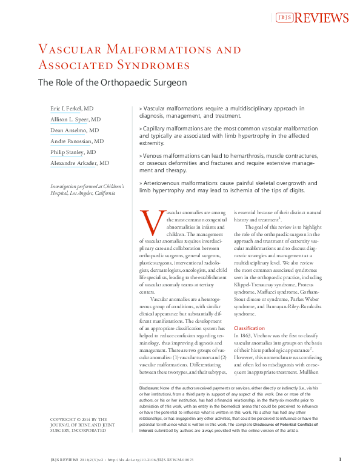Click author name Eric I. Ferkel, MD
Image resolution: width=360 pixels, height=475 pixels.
72,108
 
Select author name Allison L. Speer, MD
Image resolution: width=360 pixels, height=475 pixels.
75,120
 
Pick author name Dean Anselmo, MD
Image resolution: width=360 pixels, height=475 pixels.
74,130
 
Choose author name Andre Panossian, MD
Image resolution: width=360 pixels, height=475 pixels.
76,141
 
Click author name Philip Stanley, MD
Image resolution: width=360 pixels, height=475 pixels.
73,152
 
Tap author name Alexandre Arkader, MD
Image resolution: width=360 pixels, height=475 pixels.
79,163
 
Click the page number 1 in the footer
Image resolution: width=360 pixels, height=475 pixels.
339,460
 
